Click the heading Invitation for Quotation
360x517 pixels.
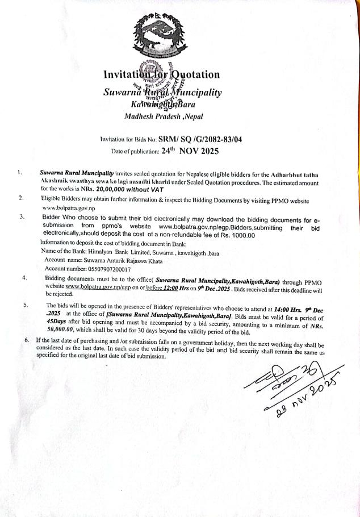click(x=162, y=74)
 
